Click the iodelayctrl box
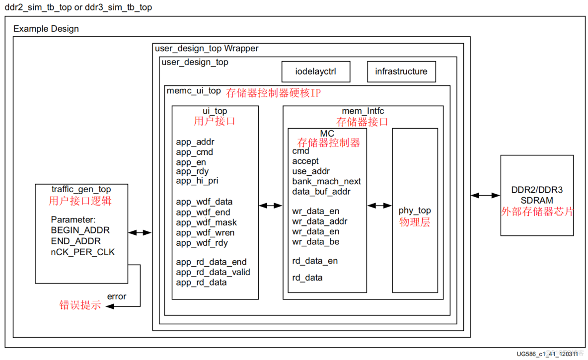pos(316,72)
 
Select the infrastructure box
pos(401,72)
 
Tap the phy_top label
pos(415,211)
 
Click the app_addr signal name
pos(195,142)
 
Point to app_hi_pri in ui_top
pos(197,181)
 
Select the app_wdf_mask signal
pos(206,222)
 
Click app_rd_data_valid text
pos(213,272)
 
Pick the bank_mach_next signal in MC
pos(326,182)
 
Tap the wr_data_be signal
pos(316,242)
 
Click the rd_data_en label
pos(315,261)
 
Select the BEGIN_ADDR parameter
pos(80,230)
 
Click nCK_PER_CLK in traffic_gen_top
pos(82,252)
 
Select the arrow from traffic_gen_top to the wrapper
pos(140,232)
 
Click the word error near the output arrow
pos(117,296)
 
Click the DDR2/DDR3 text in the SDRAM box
pos(537,190)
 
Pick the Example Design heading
pos(46,29)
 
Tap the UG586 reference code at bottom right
pos(544,354)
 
